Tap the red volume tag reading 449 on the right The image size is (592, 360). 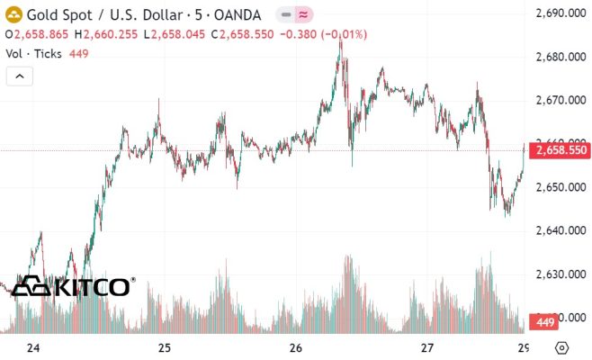[x=543, y=321]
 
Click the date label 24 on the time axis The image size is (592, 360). [x=34, y=347]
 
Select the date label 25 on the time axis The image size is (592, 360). [x=165, y=347]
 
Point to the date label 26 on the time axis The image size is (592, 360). [x=297, y=347]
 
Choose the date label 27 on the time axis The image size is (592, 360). [x=427, y=347]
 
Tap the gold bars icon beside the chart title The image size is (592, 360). [x=13, y=14]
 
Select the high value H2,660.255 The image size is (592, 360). [x=107, y=34]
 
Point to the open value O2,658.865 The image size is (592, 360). [x=37, y=34]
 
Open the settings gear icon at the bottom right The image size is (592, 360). [x=561, y=347]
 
